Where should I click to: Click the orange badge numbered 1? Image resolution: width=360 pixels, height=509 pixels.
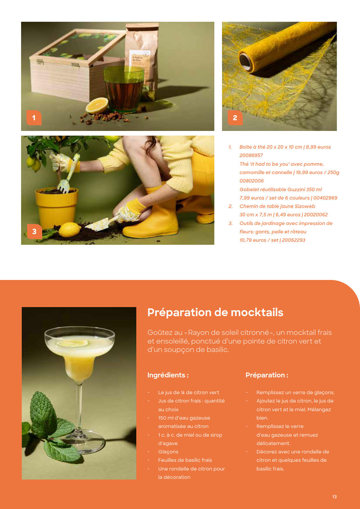(34, 118)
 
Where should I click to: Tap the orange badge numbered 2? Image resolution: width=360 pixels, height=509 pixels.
(235, 118)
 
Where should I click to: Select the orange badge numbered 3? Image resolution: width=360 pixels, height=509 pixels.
(34, 231)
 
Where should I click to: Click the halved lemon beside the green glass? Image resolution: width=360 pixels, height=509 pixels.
(97, 105)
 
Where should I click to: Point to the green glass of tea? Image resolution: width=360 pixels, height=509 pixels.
(124, 89)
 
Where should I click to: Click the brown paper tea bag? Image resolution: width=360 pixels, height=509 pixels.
(142, 61)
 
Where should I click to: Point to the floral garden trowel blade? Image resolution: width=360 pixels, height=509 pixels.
(96, 225)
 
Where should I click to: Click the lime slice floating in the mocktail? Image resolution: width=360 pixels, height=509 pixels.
(72, 343)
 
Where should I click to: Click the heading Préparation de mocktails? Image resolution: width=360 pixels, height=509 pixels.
(215, 312)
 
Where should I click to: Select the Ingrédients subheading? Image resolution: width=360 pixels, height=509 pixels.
(168, 375)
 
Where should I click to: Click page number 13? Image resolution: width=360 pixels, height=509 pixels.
(334, 497)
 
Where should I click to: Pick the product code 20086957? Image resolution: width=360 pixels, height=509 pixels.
(251, 155)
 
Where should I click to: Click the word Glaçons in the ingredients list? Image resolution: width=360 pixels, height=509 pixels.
(168, 452)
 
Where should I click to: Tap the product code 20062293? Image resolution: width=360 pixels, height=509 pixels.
(293, 240)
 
